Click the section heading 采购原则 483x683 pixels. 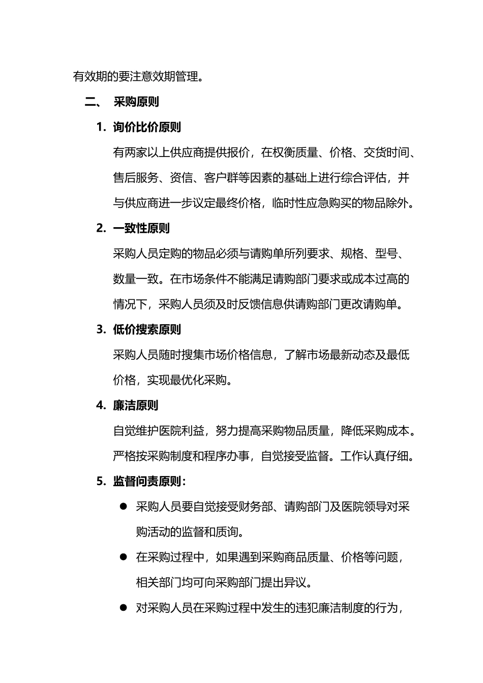coord(136,102)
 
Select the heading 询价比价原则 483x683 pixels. coord(147,128)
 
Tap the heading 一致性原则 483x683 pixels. coord(141,228)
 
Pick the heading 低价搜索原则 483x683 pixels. coord(147,330)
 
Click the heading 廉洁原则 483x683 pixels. coord(135,406)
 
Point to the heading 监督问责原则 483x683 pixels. coord(147,481)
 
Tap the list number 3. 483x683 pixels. coord(100,330)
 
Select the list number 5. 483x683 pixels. coord(100,481)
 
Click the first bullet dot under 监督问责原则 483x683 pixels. coord(123,506)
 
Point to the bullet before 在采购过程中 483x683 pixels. coord(123,557)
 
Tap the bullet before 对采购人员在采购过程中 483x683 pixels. coord(123,607)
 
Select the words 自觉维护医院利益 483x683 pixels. coord(159,431)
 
